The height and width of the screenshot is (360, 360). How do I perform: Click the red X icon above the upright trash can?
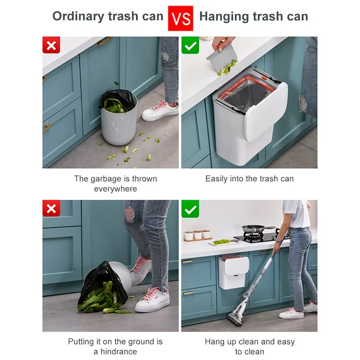[51, 45]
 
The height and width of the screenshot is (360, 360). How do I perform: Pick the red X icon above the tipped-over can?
[51, 209]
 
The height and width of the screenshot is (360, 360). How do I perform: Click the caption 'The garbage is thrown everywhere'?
[116, 184]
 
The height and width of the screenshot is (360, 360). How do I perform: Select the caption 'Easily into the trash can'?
[249, 179]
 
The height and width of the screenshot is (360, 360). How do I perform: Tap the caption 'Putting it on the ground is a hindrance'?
[116, 346]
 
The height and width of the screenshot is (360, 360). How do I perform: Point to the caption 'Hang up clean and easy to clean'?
[249, 346]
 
